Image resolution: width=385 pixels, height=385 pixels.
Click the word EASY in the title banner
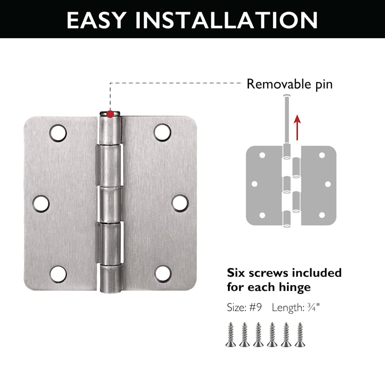[97, 20]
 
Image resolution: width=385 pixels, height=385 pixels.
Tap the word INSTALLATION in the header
[226, 20]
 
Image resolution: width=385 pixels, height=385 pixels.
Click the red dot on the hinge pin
[110, 114]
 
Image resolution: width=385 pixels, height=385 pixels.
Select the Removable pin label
[290, 84]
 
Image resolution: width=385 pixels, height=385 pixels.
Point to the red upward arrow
[297, 127]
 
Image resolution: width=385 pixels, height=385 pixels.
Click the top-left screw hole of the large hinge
[58, 133]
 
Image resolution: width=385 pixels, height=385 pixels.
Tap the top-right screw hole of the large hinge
[162, 132]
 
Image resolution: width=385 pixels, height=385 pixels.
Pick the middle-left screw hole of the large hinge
[41, 204]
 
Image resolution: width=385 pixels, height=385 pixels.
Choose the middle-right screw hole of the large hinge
[180, 203]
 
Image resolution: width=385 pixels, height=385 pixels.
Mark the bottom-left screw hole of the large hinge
[58, 274]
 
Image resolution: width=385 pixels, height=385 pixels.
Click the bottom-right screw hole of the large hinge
[163, 274]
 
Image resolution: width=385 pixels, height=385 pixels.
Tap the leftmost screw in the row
[231, 335]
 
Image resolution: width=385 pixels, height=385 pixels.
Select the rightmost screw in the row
[300, 335]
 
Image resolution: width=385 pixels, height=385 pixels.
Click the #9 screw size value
[256, 308]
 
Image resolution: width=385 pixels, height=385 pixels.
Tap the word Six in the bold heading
[236, 273]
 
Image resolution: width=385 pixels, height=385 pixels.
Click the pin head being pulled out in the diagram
[287, 95]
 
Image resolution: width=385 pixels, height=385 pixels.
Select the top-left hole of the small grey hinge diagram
[262, 155]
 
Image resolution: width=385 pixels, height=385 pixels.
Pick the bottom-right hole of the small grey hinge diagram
[322, 215]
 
